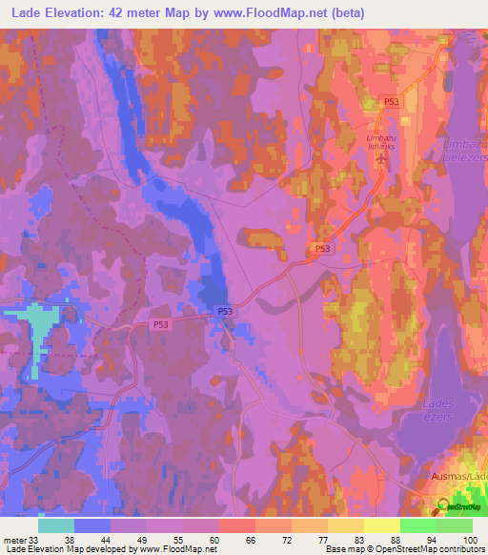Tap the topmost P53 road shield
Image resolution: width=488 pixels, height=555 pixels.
[391, 101]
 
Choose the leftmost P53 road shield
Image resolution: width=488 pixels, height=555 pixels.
[163, 324]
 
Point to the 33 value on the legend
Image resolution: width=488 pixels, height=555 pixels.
[34, 539]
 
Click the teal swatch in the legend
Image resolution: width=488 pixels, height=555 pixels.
[56, 524]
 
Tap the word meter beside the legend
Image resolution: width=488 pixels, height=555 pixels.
[14, 539]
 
